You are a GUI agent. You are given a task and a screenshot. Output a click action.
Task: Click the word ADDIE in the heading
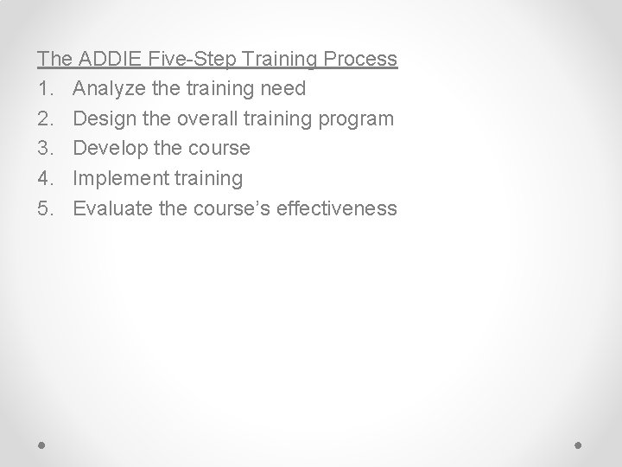[111, 60]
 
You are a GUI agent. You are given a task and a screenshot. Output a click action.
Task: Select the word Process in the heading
[362, 60]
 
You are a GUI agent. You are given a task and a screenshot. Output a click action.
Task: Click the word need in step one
[282, 89]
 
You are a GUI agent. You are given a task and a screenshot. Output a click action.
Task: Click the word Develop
[110, 149]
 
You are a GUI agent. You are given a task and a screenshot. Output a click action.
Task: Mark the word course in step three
[219, 149]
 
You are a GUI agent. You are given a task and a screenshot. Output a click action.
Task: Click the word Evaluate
[111, 208]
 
